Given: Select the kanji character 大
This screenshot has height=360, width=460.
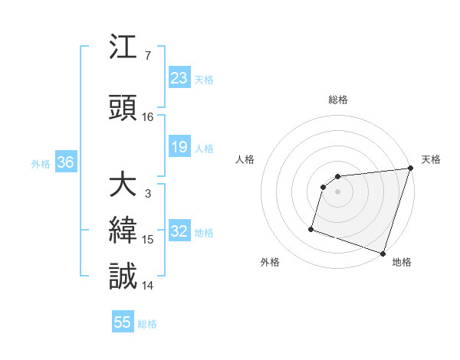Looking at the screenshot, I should pos(123,186).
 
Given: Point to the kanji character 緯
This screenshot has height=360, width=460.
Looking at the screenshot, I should pos(123,231).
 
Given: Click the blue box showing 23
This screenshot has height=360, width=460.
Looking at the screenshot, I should pos(179,78).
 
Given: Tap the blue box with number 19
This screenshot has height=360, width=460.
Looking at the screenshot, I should pos(179,147).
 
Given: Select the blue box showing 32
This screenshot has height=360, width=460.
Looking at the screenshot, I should pos(179,232).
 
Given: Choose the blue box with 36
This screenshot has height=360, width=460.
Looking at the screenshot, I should pos(65,163).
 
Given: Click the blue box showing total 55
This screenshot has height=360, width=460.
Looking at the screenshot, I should pos(123,322).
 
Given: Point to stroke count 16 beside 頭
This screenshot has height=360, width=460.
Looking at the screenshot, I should pos(148,117).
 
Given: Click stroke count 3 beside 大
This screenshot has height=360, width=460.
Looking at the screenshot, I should pos(148,195).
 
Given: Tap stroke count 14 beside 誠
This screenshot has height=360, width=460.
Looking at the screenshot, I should pos(148,286).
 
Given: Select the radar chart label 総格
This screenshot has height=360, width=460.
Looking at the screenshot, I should pos(338,100).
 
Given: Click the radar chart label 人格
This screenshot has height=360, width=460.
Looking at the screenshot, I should pos(245,159).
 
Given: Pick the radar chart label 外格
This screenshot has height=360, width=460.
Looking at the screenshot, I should pos(270,262).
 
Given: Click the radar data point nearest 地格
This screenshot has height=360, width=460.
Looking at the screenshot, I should pos(383,253).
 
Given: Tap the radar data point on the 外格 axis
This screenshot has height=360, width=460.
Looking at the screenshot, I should pos(311,228).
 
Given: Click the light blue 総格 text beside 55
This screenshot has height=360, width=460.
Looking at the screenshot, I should pos(147,324).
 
